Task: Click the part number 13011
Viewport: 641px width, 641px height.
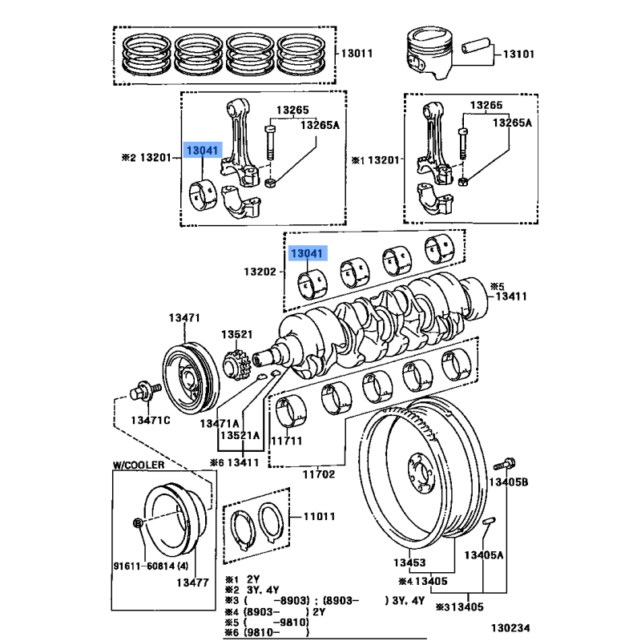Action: [357, 54]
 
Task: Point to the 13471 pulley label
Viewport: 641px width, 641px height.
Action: [183, 318]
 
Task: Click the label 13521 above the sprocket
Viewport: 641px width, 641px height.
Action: [237, 333]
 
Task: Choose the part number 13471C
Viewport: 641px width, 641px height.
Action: [151, 421]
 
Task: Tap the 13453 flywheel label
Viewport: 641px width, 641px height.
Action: [409, 563]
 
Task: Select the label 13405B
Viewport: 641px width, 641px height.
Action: [509, 482]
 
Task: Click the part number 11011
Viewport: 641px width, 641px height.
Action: [318, 517]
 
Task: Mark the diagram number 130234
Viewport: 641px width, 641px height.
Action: [510, 629]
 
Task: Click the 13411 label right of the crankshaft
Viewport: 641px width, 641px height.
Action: [512, 296]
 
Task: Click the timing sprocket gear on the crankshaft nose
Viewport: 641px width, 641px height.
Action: [237, 365]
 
